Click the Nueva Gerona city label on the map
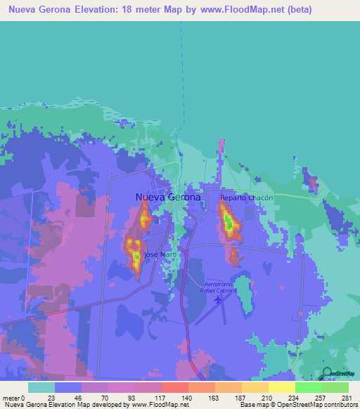pyautogui.click(x=167, y=197)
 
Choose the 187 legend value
pyautogui.click(x=240, y=398)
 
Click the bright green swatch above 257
pyautogui.click(x=308, y=387)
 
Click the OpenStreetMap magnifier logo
pyautogui.click(x=328, y=372)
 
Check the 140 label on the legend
pyautogui.click(x=187, y=398)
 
